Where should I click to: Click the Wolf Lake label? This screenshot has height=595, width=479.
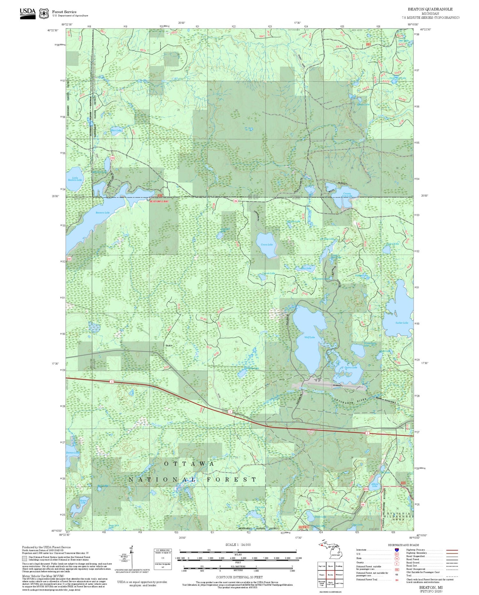tap(309, 337)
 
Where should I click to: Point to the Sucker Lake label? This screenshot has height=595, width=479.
tap(401, 323)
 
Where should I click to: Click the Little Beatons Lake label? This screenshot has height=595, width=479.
tap(75, 179)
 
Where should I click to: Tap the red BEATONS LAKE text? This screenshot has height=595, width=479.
tap(159, 202)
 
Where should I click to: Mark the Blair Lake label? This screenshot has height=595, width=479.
tap(116, 130)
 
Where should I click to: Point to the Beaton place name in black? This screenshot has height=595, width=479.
tap(169, 345)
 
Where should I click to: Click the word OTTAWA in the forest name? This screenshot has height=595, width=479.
tap(189, 464)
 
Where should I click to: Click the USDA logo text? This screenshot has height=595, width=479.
tap(27, 12)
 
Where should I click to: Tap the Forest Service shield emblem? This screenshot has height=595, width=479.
tap(44, 13)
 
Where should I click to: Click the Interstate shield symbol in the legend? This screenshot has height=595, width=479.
tap(397, 550)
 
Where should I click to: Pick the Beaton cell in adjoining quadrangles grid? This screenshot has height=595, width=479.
tap(330, 574)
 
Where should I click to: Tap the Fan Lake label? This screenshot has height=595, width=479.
tap(306, 268)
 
